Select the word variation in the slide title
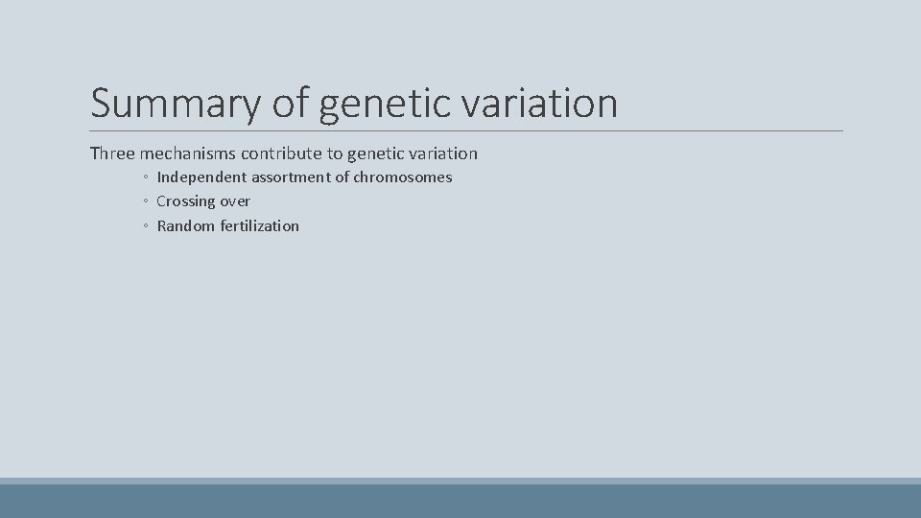tap(543, 103)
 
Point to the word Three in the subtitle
tap(112, 153)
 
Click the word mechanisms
tap(188, 153)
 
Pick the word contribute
tap(282, 153)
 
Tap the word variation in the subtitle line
tap(442, 153)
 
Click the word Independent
tap(201, 177)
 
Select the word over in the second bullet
tap(236, 201)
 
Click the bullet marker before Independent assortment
tap(143, 178)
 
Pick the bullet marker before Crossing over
tap(143, 202)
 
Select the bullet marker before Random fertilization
tap(143, 227)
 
